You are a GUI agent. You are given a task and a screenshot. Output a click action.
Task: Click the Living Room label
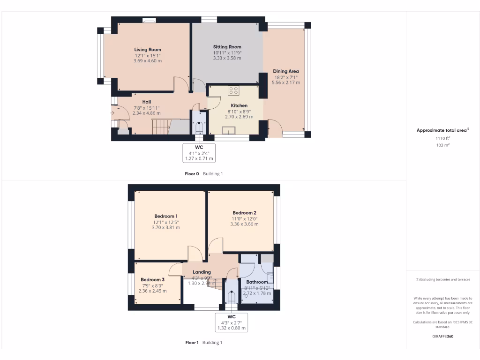click(x=148, y=50)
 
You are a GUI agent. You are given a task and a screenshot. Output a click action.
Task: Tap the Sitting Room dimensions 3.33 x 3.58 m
click(x=227, y=58)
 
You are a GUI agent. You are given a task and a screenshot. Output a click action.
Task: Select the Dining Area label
click(x=286, y=72)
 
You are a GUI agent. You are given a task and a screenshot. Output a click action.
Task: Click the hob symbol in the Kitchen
click(x=233, y=90)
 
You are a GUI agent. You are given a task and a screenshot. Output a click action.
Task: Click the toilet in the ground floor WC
click(x=199, y=127)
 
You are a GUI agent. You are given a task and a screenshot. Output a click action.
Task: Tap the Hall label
click(x=147, y=102)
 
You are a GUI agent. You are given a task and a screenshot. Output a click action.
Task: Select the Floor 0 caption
click(x=192, y=173)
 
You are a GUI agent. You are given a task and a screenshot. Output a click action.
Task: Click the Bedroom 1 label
click(x=166, y=216)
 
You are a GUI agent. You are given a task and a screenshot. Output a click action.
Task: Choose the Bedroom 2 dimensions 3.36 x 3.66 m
click(x=244, y=224)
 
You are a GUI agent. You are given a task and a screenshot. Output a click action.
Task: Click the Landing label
click(x=202, y=272)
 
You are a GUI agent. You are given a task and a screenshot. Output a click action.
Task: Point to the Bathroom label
click(x=257, y=282)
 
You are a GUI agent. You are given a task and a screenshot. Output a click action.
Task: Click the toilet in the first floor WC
click(x=231, y=297)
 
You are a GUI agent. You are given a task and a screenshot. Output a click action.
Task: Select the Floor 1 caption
click(x=192, y=343)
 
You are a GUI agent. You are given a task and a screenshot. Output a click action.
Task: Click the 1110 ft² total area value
click(x=442, y=139)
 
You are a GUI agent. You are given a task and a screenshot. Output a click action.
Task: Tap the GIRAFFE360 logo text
click(x=442, y=336)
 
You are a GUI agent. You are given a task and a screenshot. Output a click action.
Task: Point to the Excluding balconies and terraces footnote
click(x=442, y=279)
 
